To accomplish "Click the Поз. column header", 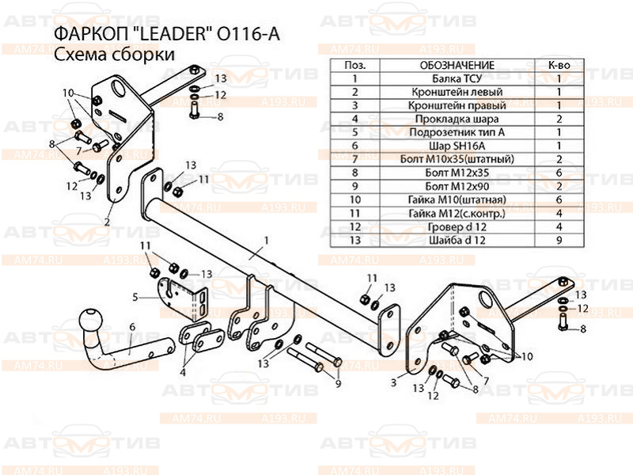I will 356,64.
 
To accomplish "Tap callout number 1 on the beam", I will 267,239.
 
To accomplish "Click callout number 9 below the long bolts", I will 338,384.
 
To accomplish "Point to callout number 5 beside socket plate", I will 135,297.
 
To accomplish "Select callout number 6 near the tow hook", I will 132,326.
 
